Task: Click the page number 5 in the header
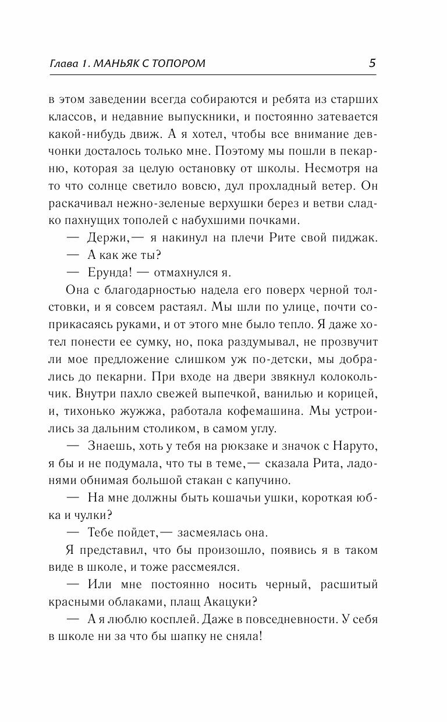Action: (x=372, y=63)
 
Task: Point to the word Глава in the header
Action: (x=66, y=64)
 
